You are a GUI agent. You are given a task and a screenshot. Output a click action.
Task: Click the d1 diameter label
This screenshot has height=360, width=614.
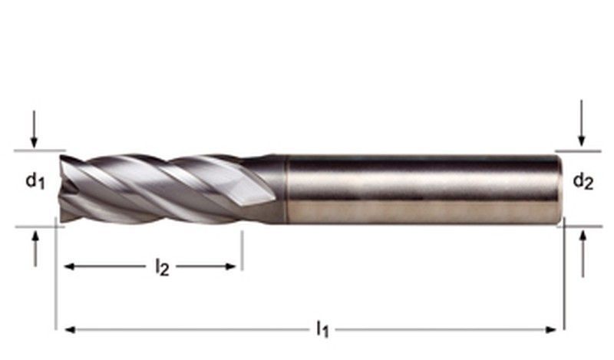click(x=35, y=182)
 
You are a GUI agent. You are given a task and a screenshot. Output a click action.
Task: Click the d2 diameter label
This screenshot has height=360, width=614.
click(x=583, y=182)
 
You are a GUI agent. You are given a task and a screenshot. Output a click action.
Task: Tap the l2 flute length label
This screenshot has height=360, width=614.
click(x=161, y=267)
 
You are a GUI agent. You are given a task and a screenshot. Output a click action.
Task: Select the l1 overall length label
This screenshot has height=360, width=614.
click(x=322, y=330)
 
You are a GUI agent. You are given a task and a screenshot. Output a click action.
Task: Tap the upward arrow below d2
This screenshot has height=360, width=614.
click(x=583, y=253)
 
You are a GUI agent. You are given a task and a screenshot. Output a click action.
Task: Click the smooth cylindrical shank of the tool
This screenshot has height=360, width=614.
click(x=422, y=188)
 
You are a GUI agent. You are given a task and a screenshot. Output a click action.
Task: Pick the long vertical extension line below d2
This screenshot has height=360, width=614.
click(x=565, y=276)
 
